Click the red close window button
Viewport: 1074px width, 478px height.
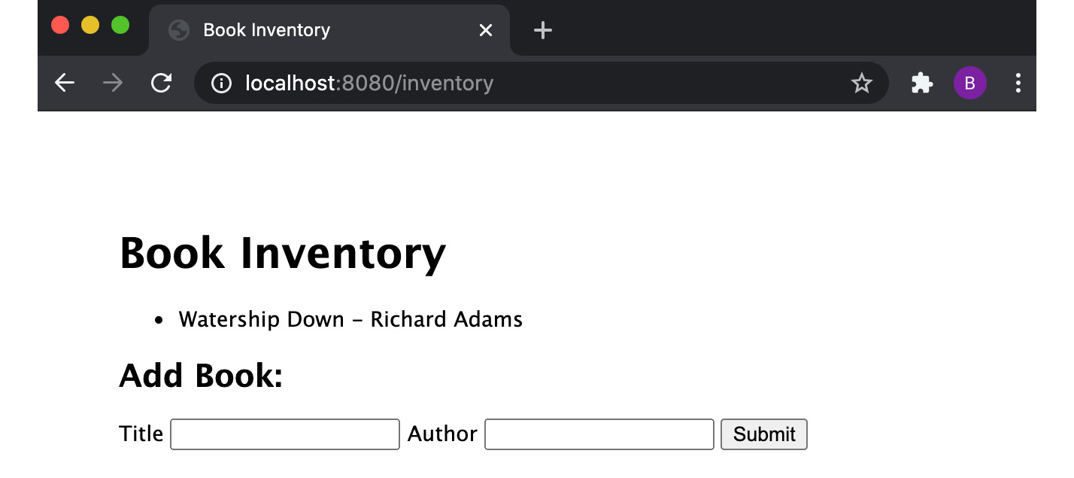coord(60,26)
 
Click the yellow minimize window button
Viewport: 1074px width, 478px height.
coord(90,26)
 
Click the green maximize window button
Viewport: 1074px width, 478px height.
coord(120,26)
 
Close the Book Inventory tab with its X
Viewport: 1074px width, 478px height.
coord(486,30)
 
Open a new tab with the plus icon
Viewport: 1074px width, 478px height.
coord(542,30)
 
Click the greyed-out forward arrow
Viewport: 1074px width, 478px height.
coord(113,83)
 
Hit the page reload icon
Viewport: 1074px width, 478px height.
coord(161,83)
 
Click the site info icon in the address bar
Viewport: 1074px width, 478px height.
coord(221,83)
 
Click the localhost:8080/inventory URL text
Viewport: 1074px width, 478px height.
coord(369,83)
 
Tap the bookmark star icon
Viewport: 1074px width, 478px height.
coord(861,83)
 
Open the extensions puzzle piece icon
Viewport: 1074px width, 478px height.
coord(921,83)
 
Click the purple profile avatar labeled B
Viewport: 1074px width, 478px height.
coord(969,83)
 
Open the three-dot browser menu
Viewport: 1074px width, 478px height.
coord(1018,83)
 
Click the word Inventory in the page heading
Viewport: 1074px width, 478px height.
coord(343,253)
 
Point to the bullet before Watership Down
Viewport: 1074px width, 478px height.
coord(158,321)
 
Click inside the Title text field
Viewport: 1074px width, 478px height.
coord(285,434)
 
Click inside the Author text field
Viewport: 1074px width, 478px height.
coord(599,434)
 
